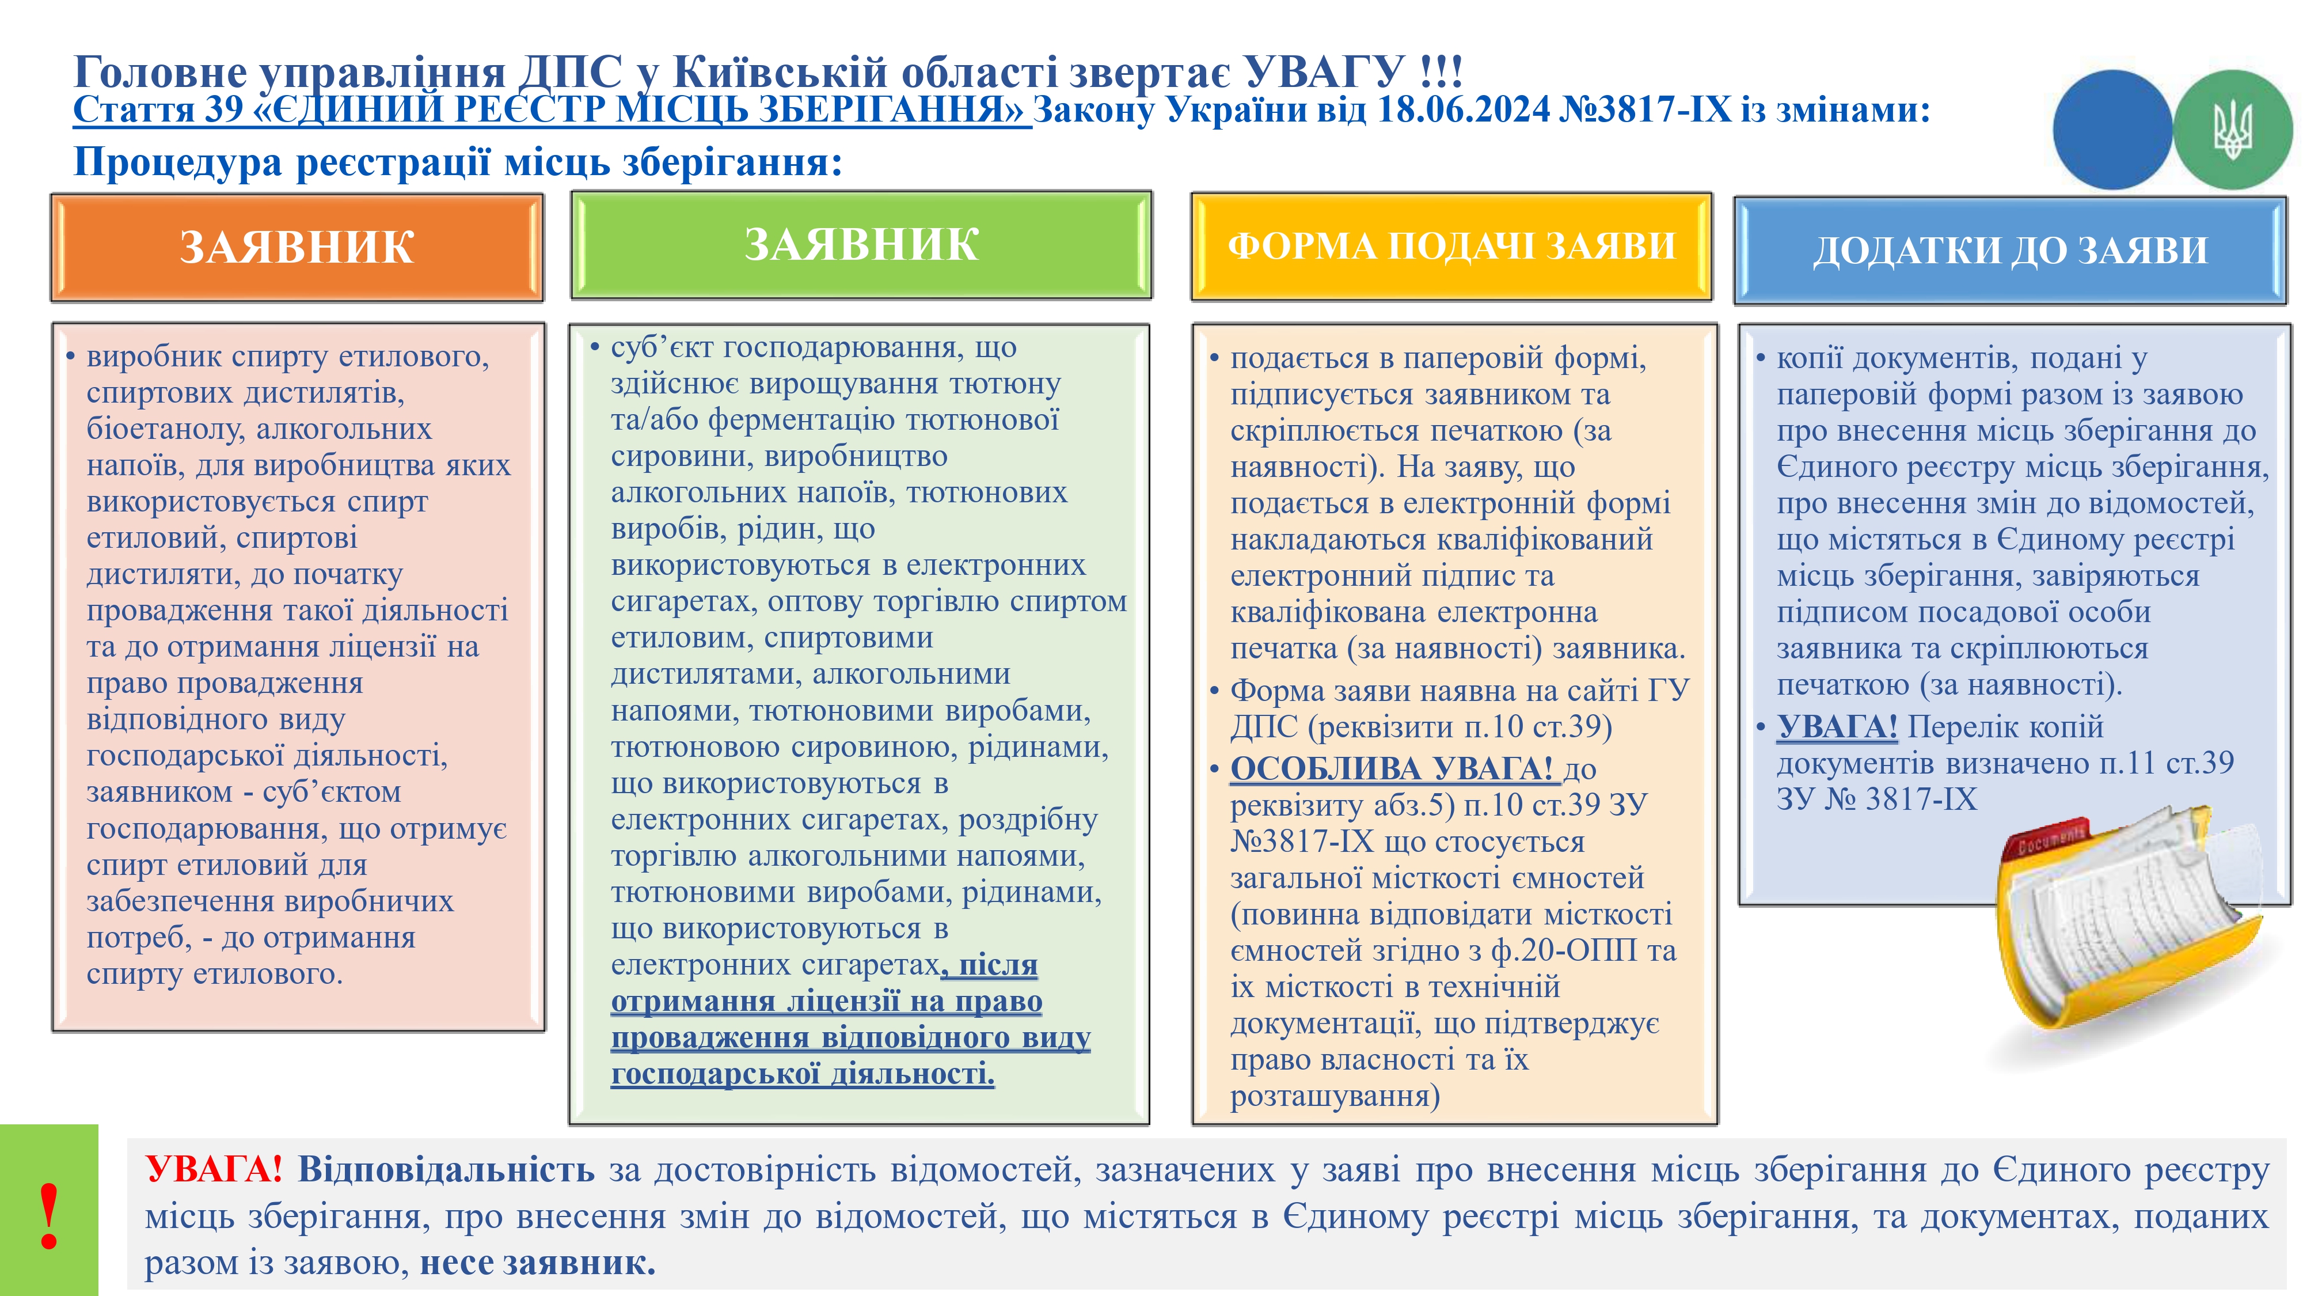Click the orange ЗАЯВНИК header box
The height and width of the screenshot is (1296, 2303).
[297, 248]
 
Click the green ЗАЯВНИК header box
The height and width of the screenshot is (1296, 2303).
[861, 245]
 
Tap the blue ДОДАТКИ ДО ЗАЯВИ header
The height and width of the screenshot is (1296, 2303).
[2010, 251]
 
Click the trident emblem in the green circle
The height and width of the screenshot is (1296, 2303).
[2232, 130]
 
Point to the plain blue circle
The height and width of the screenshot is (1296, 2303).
[2112, 130]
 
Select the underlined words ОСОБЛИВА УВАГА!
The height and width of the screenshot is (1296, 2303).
[1392, 768]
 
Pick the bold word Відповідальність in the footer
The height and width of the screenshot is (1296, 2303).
[445, 1169]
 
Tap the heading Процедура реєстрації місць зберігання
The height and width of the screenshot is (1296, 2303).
[458, 162]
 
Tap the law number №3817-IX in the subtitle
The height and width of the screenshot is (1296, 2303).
[1645, 110]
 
